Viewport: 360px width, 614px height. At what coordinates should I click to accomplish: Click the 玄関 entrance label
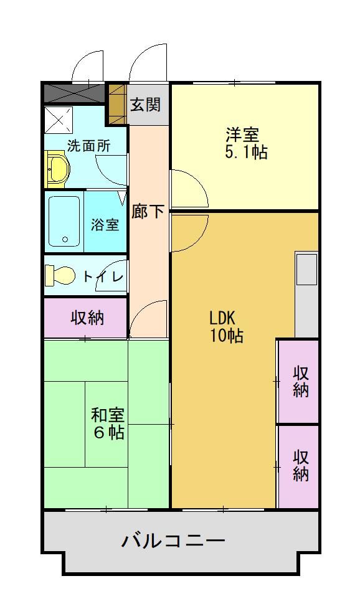[145, 104]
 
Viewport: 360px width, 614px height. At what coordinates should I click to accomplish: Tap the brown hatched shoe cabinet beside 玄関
[117, 104]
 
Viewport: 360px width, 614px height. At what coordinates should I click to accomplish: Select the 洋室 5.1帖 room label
[245, 143]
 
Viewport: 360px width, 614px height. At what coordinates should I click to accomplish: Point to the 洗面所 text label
[88, 146]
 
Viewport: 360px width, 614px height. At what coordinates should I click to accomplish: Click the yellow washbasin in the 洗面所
[57, 170]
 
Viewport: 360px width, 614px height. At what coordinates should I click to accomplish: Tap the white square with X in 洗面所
[59, 120]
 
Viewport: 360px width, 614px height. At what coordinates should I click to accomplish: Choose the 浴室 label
[105, 224]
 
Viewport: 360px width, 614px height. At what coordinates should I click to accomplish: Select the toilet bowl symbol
[60, 275]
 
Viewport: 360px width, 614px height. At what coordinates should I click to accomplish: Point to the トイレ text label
[103, 276]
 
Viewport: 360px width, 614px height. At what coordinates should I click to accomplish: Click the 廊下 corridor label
[148, 211]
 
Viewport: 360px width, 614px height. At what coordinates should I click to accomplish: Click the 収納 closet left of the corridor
[86, 318]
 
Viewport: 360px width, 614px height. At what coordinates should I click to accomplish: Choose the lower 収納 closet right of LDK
[300, 465]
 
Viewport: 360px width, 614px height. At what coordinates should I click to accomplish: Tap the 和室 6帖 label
[108, 423]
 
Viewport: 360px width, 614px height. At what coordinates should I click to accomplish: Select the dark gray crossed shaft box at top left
[73, 93]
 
